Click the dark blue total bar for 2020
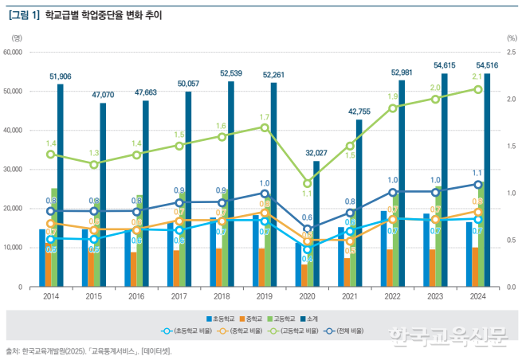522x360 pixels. point(316,223)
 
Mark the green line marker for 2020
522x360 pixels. point(308,183)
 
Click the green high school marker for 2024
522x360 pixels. point(478,89)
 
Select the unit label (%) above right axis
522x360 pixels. point(512,37)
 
